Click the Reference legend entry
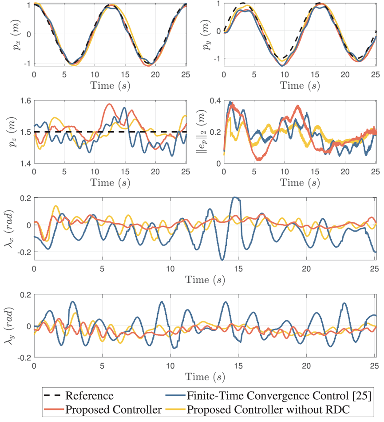(89, 394)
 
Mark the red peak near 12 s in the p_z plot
(109, 104)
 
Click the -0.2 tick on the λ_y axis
(22, 357)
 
